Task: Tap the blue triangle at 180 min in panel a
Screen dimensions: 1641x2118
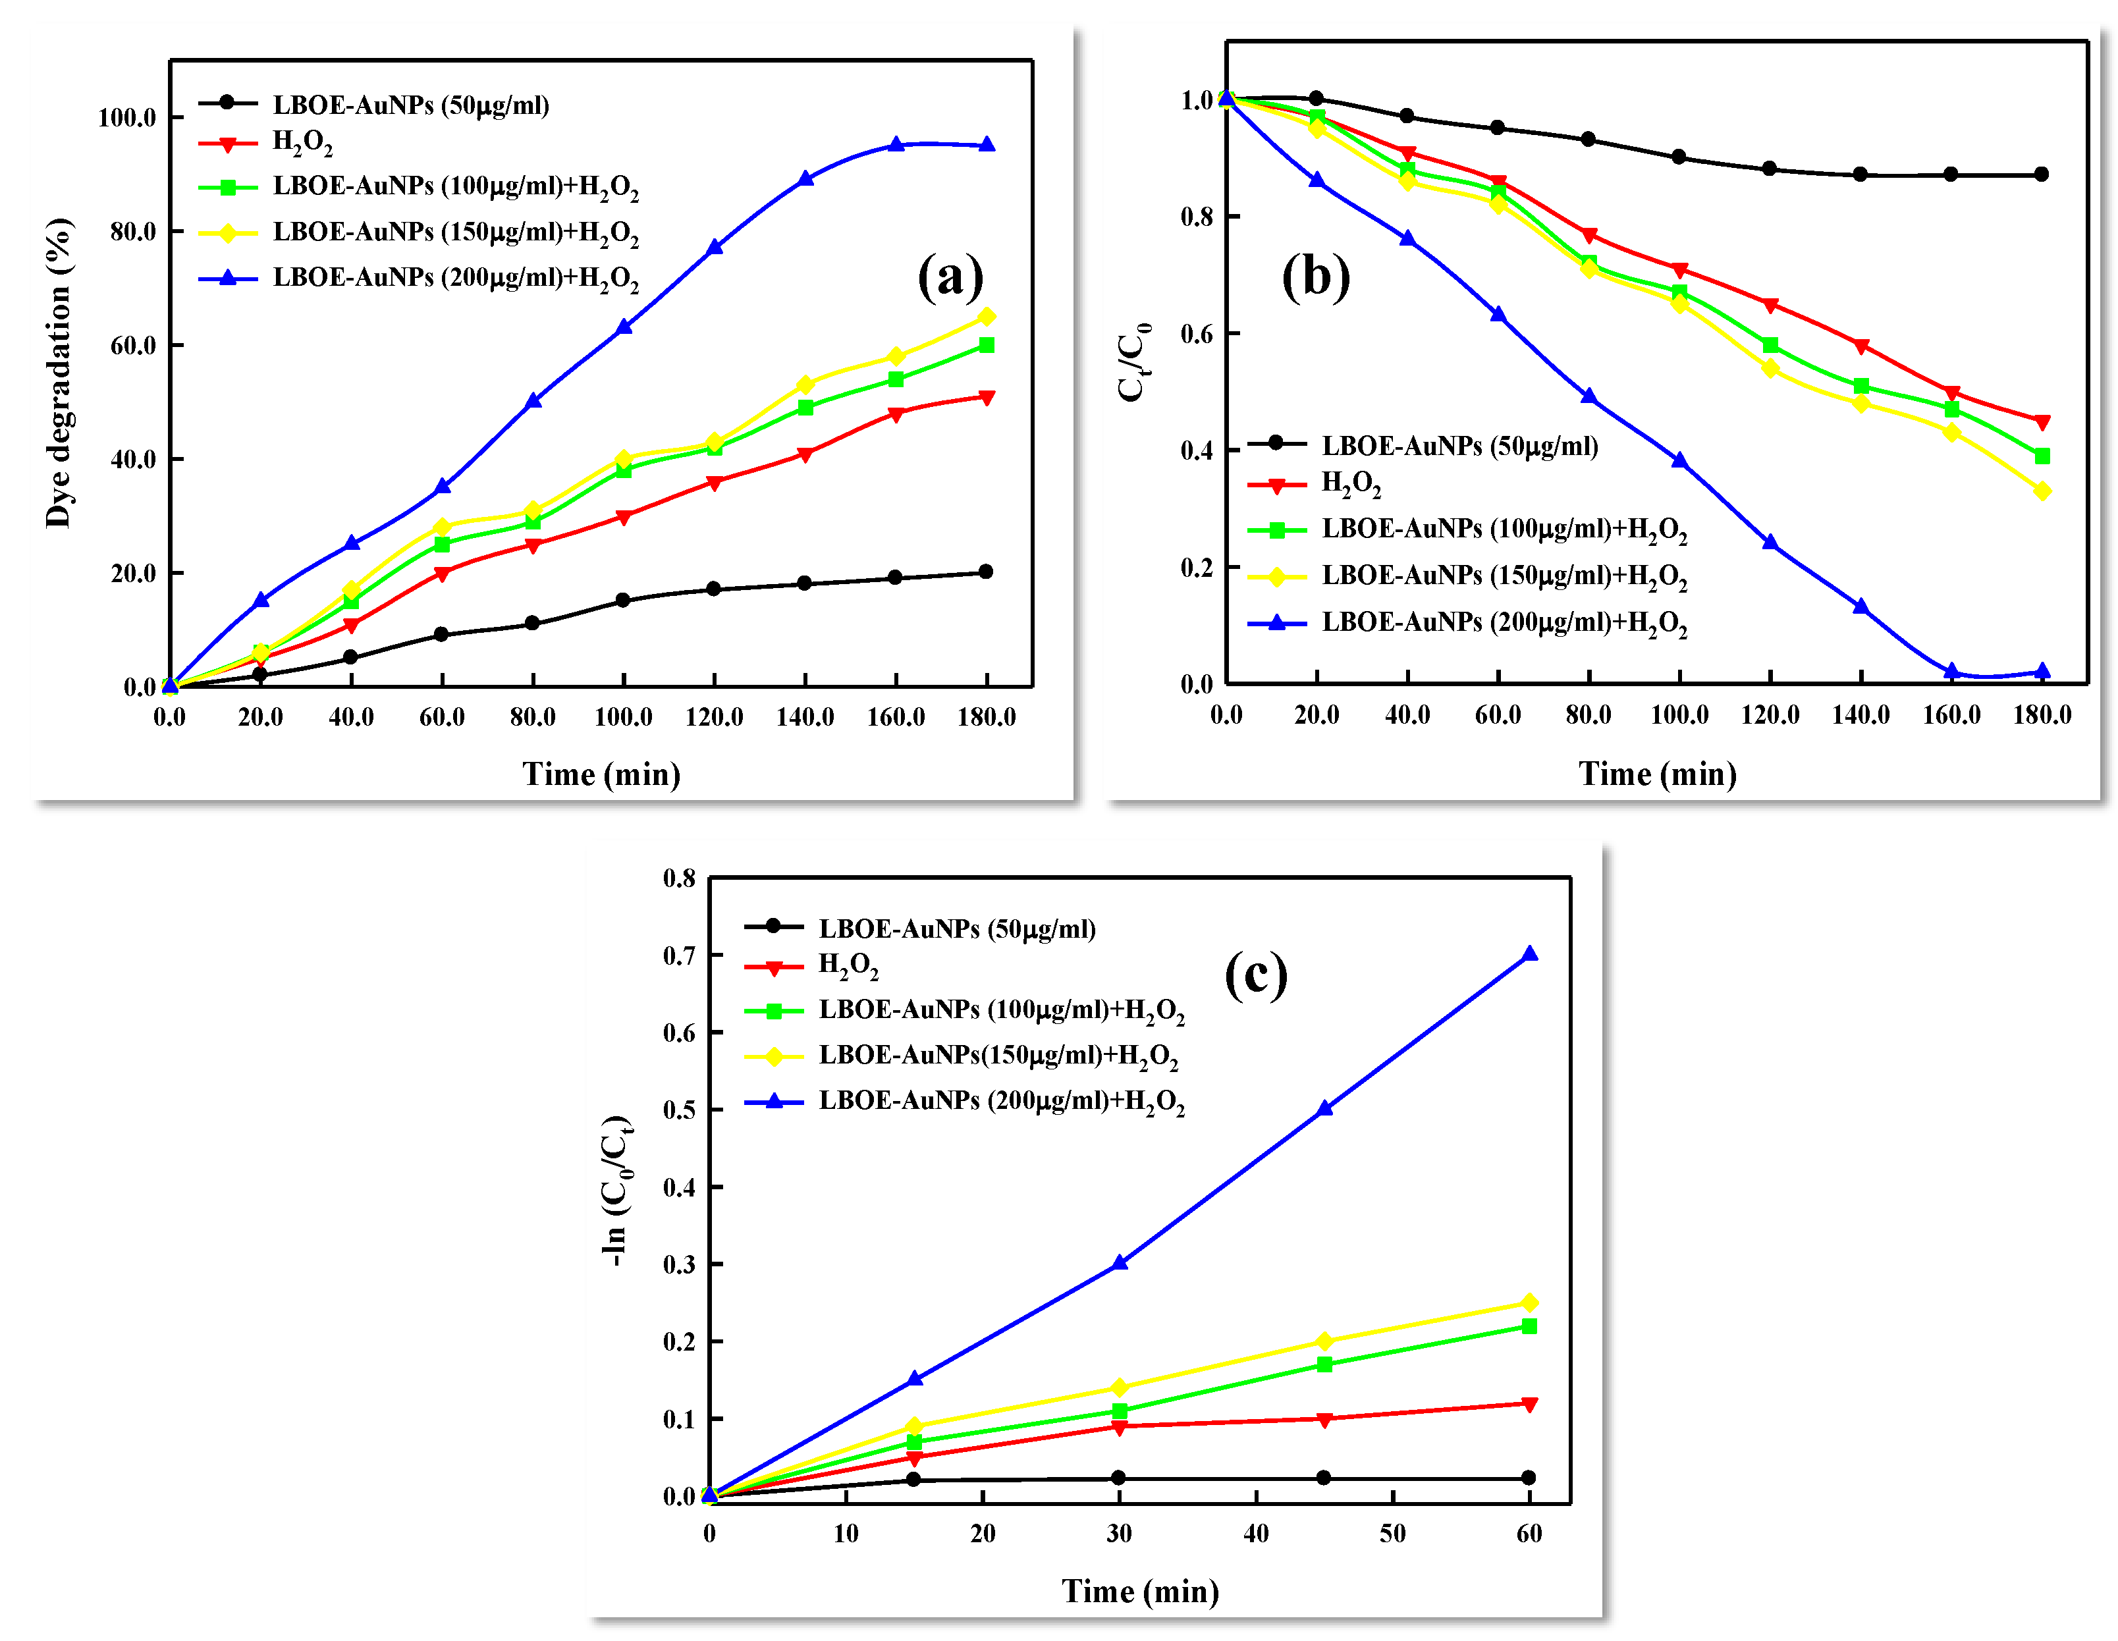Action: click(x=987, y=144)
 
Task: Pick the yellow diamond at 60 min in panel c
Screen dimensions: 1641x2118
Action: click(x=1529, y=1303)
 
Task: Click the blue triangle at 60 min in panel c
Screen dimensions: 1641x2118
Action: click(x=1529, y=954)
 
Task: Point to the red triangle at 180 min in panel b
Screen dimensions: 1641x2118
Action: click(x=2042, y=422)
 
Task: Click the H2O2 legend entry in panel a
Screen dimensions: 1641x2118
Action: click(x=302, y=144)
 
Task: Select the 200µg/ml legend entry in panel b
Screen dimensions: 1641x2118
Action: click(x=1503, y=623)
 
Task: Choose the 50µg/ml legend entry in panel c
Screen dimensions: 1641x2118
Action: click(x=956, y=928)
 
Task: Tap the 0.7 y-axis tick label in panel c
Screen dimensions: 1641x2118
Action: click(x=679, y=955)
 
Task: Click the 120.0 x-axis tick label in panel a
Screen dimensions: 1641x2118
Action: click(x=714, y=718)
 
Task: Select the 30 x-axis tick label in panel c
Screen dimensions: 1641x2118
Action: click(x=1119, y=1534)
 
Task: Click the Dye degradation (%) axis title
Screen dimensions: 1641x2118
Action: click(x=58, y=373)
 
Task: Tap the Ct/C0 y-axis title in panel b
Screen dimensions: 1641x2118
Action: click(x=1133, y=361)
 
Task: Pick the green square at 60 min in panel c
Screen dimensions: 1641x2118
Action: click(x=1529, y=1326)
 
